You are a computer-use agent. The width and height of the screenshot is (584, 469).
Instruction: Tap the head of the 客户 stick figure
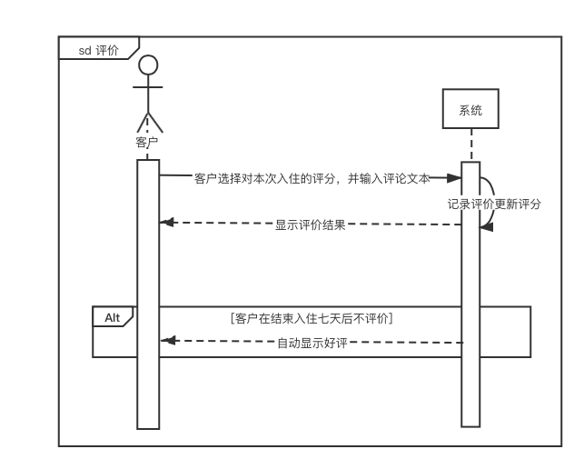(147, 65)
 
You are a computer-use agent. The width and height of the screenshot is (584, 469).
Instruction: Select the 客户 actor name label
(147, 143)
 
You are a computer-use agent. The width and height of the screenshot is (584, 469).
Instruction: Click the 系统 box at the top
(470, 111)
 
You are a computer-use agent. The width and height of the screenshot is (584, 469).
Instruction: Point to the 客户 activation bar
(148, 291)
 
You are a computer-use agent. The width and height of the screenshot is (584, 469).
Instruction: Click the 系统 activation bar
(470, 291)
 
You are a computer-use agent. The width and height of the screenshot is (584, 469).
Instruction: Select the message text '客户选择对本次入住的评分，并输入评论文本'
(312, 179)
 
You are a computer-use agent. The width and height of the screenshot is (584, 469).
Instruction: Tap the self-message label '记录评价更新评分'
(494, 204)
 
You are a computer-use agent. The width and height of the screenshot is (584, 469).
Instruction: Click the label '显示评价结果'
(310, 225)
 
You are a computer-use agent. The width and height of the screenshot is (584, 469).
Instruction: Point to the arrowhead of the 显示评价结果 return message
(165, 222)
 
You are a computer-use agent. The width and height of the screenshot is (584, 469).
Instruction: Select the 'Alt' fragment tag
(113, 317)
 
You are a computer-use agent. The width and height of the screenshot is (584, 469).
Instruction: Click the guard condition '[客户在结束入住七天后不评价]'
(312, 318)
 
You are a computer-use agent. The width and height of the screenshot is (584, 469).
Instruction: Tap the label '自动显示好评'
(312, 343)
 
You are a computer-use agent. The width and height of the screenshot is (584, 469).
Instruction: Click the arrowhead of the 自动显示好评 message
(165, 340)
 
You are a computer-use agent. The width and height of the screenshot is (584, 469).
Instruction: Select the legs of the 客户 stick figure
(147, 122)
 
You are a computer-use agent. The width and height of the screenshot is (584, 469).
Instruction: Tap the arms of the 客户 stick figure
(147, 89)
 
